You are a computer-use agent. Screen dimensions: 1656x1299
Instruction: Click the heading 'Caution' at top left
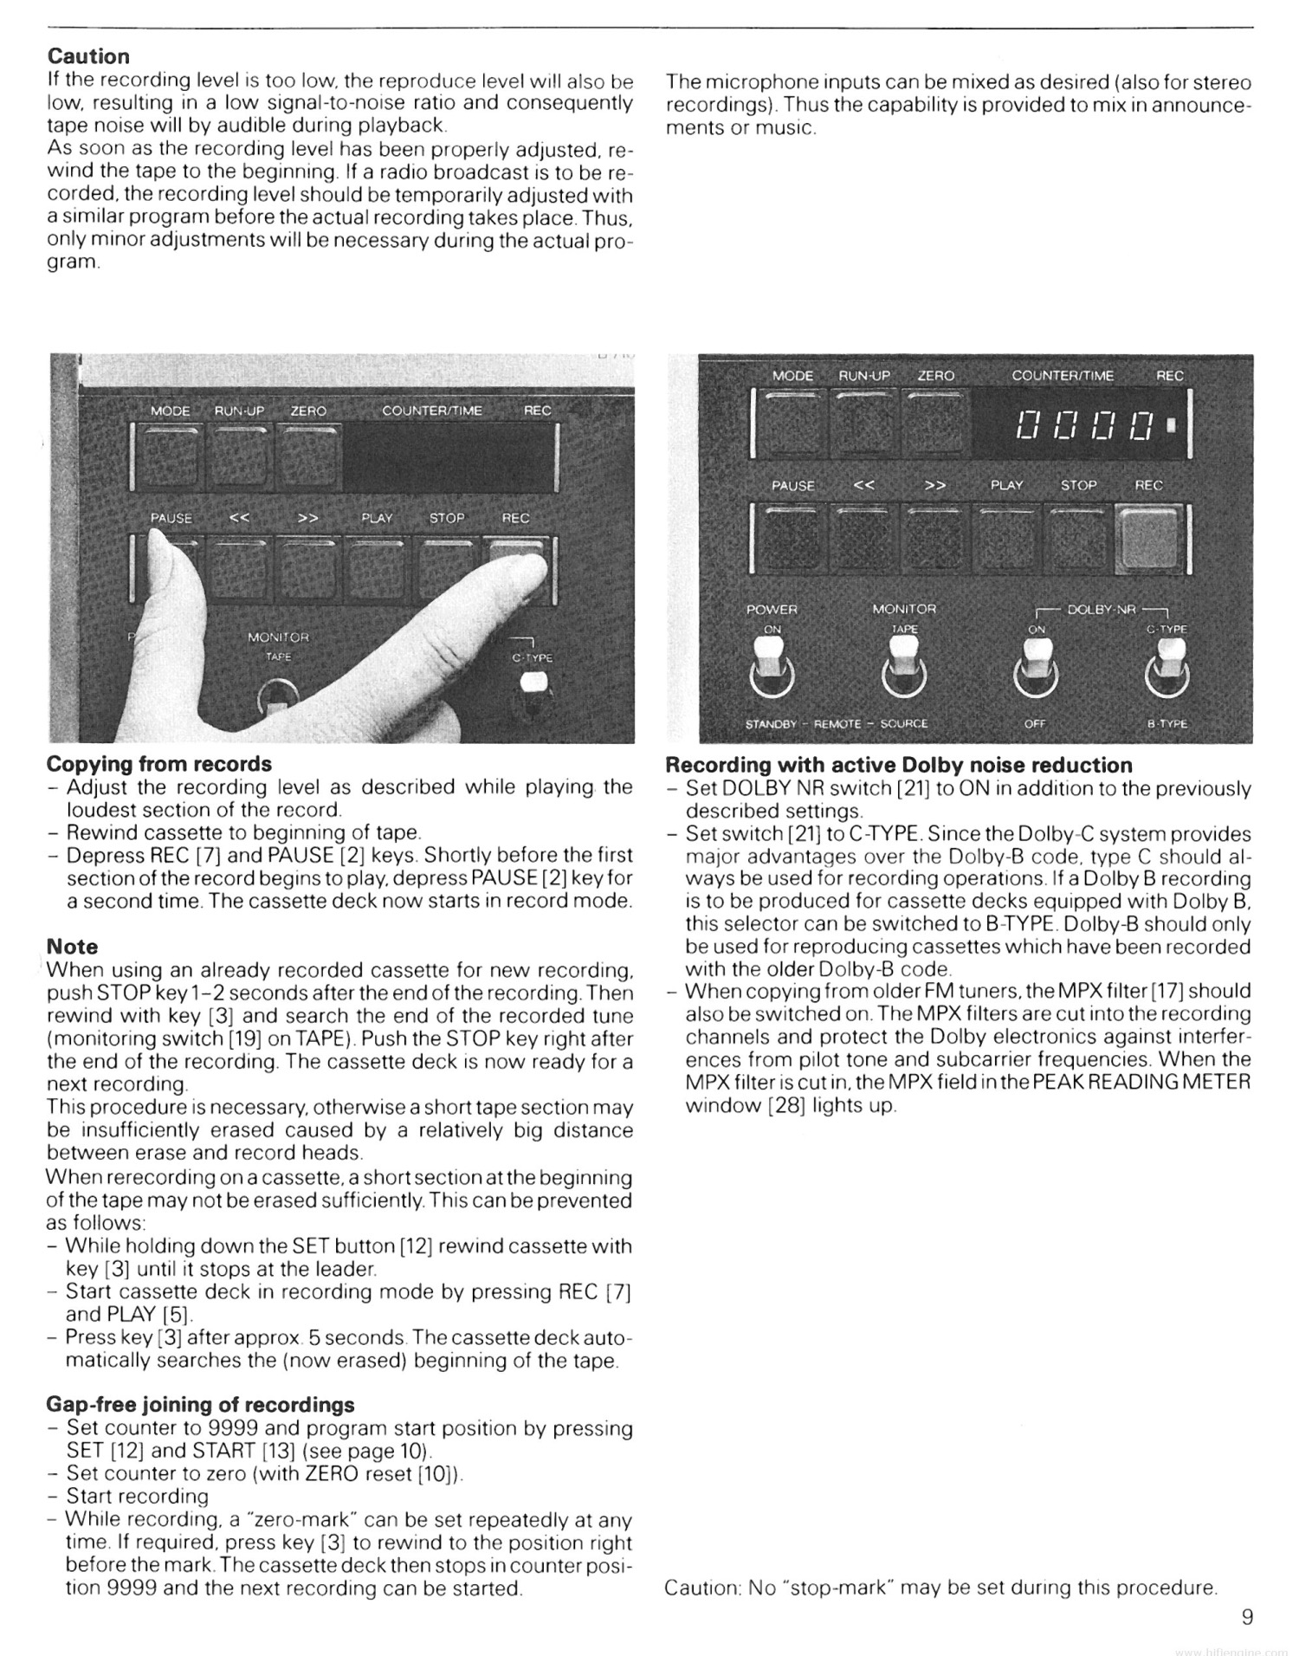(x=88, y=56)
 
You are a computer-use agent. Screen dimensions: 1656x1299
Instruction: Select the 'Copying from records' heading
(x=158, y=764)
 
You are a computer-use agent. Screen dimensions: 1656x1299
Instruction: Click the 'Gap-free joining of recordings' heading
(x=200, y=1404)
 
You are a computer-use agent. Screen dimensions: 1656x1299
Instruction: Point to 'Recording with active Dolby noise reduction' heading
(x=898, y=765)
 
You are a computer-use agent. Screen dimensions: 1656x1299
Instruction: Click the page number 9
(x=1246, y=1616)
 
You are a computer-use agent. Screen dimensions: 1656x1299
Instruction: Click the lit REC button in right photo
(x=1148, y=539)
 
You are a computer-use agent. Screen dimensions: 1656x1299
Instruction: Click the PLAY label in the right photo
(x=1006, y=485)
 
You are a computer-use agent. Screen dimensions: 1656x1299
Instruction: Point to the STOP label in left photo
(x=447, y=518)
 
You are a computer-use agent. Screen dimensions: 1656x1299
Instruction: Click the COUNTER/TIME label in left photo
(x=431, y=411)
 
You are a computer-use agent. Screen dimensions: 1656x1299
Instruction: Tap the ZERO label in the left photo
(x=308, y=411)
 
